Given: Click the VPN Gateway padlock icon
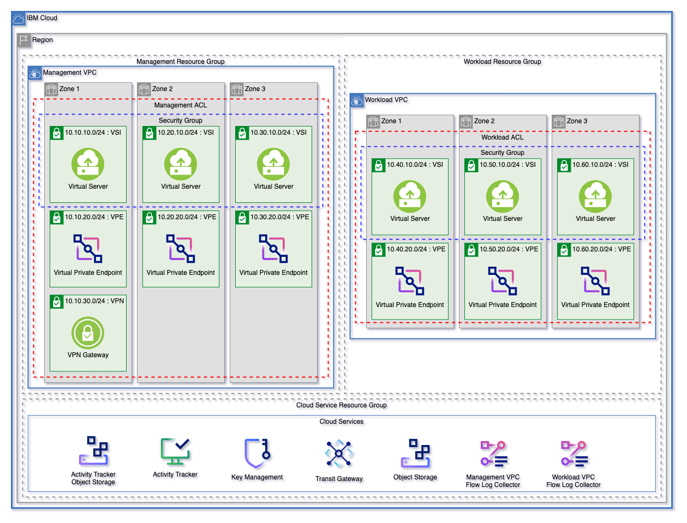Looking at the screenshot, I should point(88,333).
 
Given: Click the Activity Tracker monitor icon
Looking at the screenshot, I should point(175,451).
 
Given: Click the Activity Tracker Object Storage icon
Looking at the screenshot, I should point(93,450).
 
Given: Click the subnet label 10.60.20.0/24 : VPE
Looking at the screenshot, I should point(601,249).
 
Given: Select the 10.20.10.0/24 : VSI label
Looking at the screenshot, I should point(186,133).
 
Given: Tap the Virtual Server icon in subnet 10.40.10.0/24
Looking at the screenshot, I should point(410,196).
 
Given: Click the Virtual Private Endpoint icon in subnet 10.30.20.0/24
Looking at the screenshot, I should point(273,249).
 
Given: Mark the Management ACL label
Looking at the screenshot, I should point(181,105).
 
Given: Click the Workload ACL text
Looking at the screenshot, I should point(503,137).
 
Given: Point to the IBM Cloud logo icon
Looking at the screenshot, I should point(19,19).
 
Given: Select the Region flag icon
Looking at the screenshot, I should point(23,40).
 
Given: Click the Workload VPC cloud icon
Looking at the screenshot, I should point(357,100).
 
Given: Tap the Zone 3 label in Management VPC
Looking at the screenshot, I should point(255,89).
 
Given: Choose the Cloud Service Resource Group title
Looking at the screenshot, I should point(342,405).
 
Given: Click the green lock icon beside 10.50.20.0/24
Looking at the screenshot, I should point(471,250).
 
